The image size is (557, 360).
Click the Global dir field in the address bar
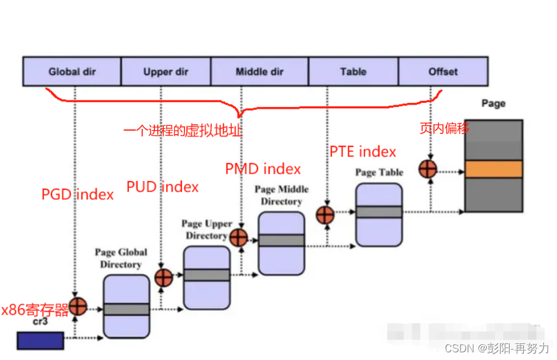point(72,72)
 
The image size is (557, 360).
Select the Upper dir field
point(166,72)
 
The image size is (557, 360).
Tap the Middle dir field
point(259,72)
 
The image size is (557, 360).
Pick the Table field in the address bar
point(353,72)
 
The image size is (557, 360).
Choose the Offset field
point(443,72)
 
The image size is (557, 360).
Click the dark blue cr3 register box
point(40,340)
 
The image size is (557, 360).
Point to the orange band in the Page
point(493,170)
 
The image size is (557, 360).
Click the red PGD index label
point(77,194)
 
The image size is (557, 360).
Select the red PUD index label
point(163,187)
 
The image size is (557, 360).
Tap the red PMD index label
point(263,169)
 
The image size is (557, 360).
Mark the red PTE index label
point(362,152)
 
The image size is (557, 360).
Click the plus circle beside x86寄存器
point(77,306)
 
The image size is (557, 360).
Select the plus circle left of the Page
point(427,169)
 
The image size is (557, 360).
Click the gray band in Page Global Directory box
point(127,309)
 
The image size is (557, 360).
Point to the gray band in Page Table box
point(378,212)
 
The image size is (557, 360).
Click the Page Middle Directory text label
point(281,195)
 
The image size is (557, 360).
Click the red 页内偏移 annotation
point(444,128)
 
